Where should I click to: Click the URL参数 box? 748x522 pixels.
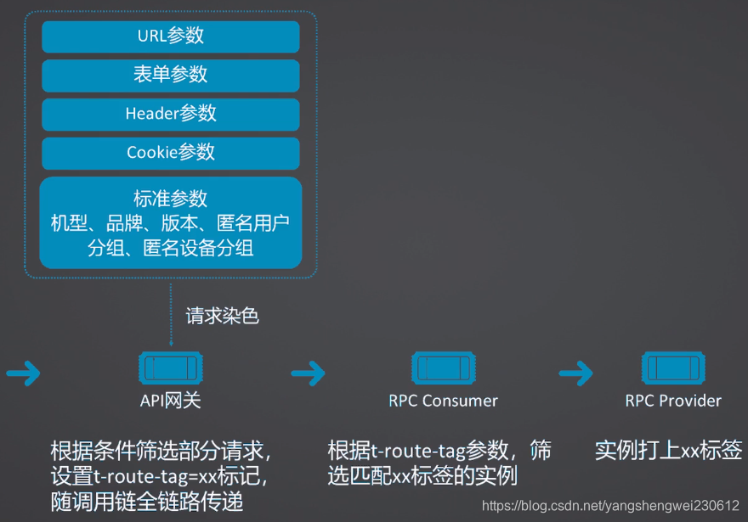coord(171,36)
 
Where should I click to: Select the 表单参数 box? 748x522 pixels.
coord(171,75)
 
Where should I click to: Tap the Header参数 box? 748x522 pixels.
coord(171,114)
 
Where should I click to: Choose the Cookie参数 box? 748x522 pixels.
coord(171,153)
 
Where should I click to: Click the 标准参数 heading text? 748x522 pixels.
coord(171,199)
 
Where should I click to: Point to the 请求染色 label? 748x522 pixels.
coord(222,317)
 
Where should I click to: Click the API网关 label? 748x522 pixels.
coord(171,401)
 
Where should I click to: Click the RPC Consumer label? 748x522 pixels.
coord(443,401)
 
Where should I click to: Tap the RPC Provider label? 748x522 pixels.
coord(673,401)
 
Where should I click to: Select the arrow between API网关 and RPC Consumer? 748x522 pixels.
coord(308,372)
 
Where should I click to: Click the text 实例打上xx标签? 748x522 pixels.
coord(668,450)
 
